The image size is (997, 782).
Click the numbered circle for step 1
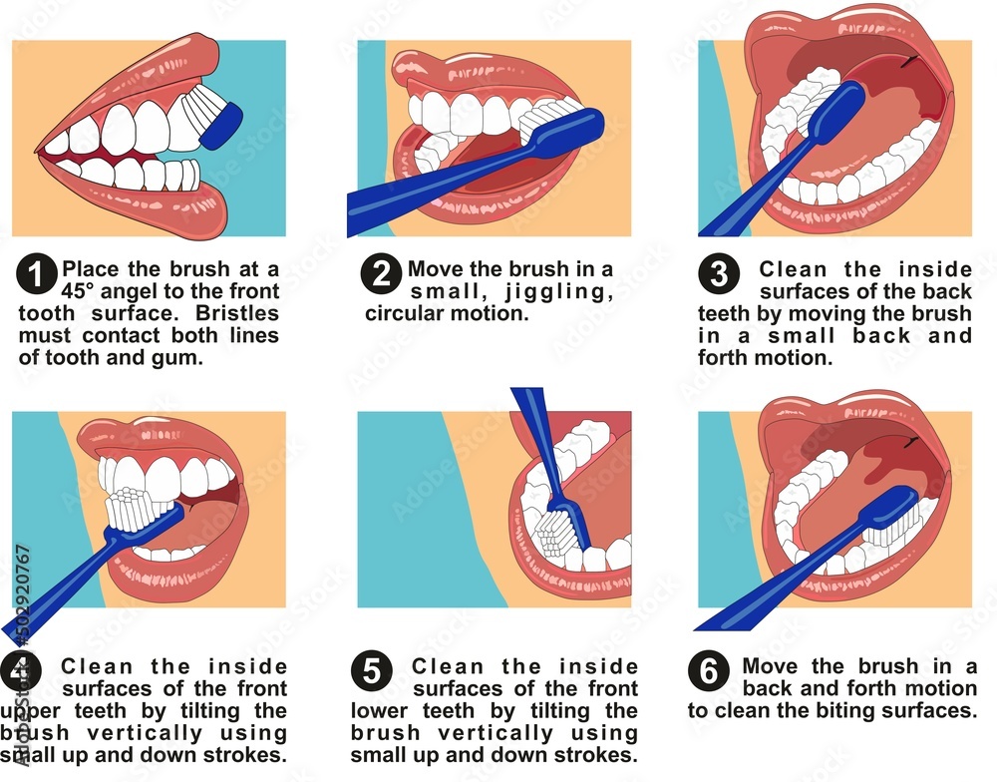pos(37,275)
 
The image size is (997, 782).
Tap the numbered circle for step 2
pos(382,274)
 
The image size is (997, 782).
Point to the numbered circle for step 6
pos(709,671)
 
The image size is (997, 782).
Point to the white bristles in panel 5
pos(554,538)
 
